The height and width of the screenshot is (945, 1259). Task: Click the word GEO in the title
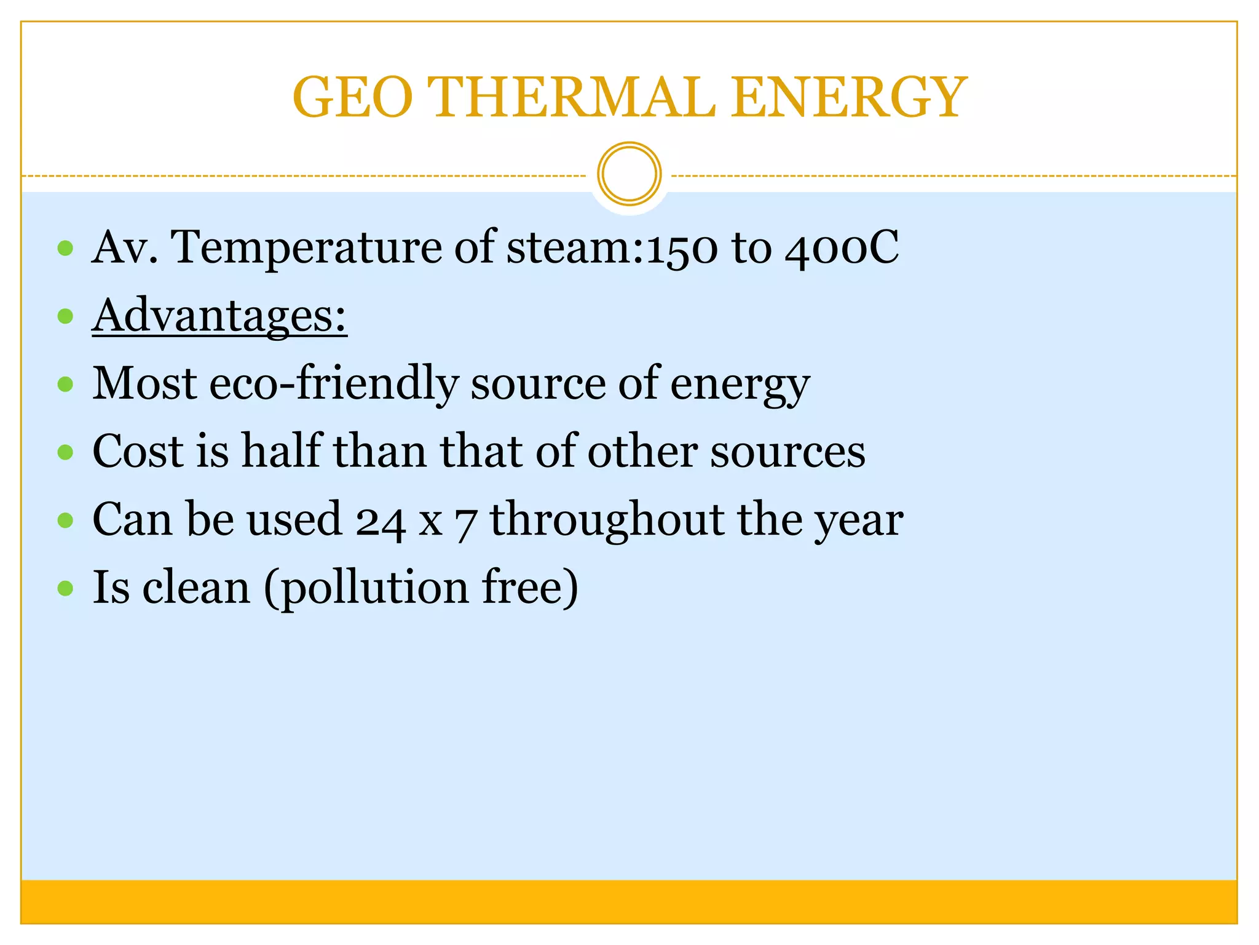pos(352,97)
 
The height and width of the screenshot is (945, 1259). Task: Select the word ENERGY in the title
pos(848,97)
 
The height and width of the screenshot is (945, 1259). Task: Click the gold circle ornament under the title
pos(629,174)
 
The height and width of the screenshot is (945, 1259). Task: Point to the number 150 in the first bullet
pos(681,248)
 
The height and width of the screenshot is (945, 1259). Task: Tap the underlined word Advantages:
pos(219,316)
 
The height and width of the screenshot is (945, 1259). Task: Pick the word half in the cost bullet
pos(282,451)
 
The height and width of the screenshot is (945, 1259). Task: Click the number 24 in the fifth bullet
pos(381,520)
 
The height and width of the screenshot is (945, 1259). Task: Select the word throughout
pos(607,520)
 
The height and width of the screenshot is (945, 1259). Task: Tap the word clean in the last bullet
pos(197,588)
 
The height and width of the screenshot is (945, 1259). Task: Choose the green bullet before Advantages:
pos(65,316)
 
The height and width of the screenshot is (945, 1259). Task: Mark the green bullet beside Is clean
pos(65,588)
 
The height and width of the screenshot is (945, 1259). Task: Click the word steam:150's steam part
pos(569,248)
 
